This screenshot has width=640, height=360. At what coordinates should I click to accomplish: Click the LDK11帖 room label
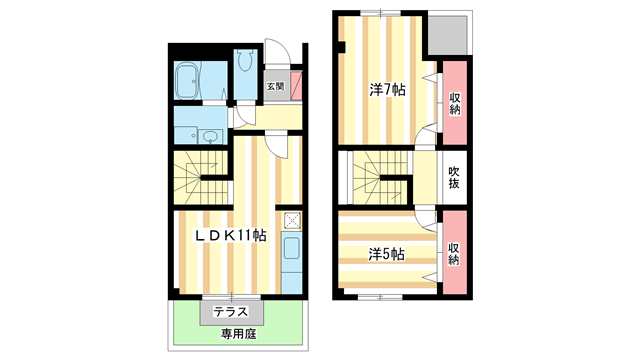click(x=229, y=236)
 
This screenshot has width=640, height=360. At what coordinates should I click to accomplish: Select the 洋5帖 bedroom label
click(x=384, y=254)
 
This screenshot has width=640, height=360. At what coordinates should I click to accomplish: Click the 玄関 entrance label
click(x=275, y=86)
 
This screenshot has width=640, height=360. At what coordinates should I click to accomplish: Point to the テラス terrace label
click(x=231, y=312)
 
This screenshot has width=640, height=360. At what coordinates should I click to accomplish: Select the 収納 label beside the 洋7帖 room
click(x=455, y=103)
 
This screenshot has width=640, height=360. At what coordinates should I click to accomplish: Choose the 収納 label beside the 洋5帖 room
click(x=454, y=253)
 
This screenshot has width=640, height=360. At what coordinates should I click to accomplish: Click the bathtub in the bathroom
click(x=187, y=80)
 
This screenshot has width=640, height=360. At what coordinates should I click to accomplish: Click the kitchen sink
click(x=291, y=254)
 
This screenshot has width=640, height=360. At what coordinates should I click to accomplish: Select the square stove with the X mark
click(x=291, y=221)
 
